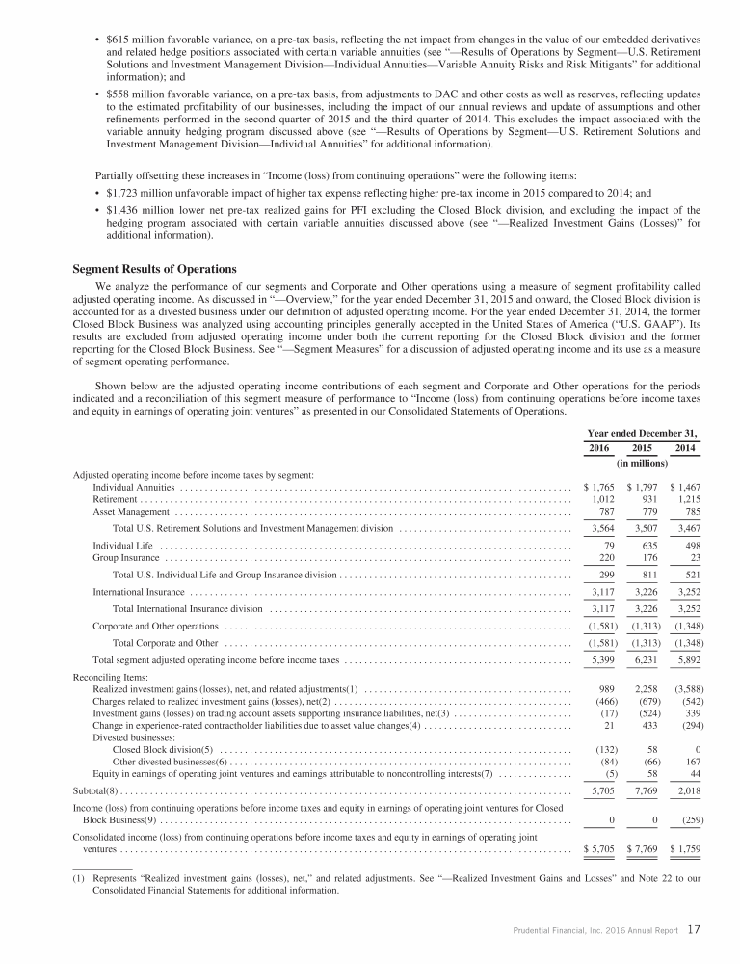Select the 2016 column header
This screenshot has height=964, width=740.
(599, 448)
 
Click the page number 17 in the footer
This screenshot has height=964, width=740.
(694, 930)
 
